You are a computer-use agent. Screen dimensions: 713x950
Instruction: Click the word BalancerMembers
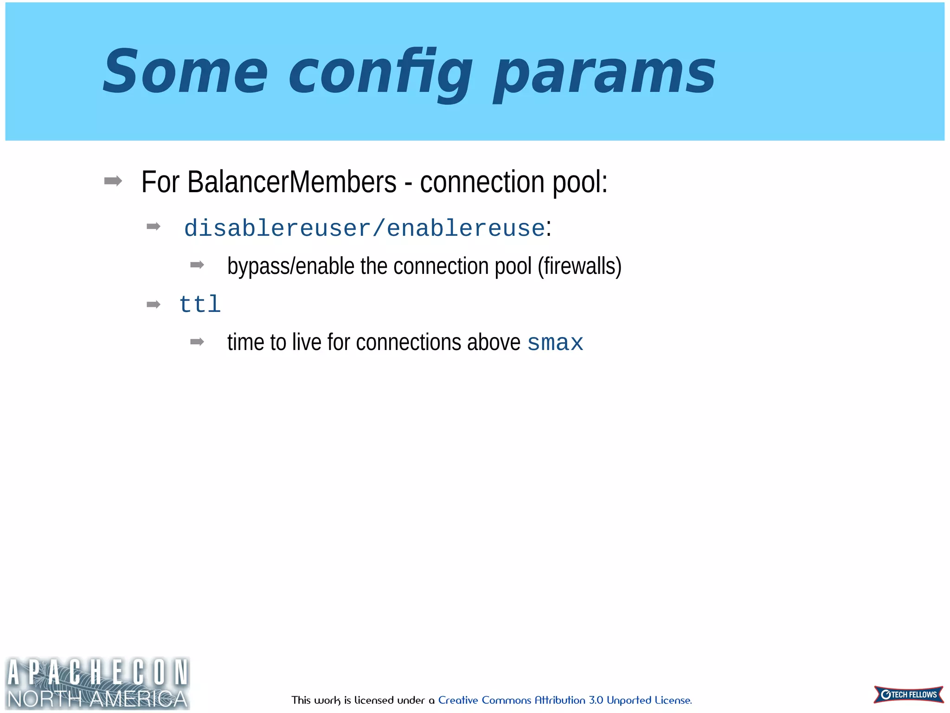coord(292,182)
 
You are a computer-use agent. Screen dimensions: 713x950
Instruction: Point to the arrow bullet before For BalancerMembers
coord(113,181)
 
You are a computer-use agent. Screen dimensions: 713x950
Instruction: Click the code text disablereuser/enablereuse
coord(364,228)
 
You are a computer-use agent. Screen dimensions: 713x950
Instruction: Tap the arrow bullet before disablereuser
coord(153,227)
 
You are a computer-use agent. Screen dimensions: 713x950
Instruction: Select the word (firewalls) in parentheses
coord(579,266)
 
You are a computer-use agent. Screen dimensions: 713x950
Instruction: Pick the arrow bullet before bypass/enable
coord(197,265)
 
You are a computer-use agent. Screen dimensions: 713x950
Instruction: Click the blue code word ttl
coord(200,305)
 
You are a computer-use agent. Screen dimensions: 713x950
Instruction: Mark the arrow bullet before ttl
coord(153,305)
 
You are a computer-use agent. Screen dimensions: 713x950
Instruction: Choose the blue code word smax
coord(555,344)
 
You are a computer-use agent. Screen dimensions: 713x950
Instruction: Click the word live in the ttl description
coord(307,343)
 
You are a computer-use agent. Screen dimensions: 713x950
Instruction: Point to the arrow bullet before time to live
coord(197,342)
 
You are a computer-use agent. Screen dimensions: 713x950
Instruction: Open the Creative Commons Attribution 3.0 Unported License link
coord(565,700)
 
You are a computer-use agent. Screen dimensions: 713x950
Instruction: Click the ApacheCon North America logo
coord(97,683)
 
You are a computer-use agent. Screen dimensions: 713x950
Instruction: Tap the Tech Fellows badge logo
coord(908,694)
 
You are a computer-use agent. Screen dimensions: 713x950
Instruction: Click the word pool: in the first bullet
coord(580,182)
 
